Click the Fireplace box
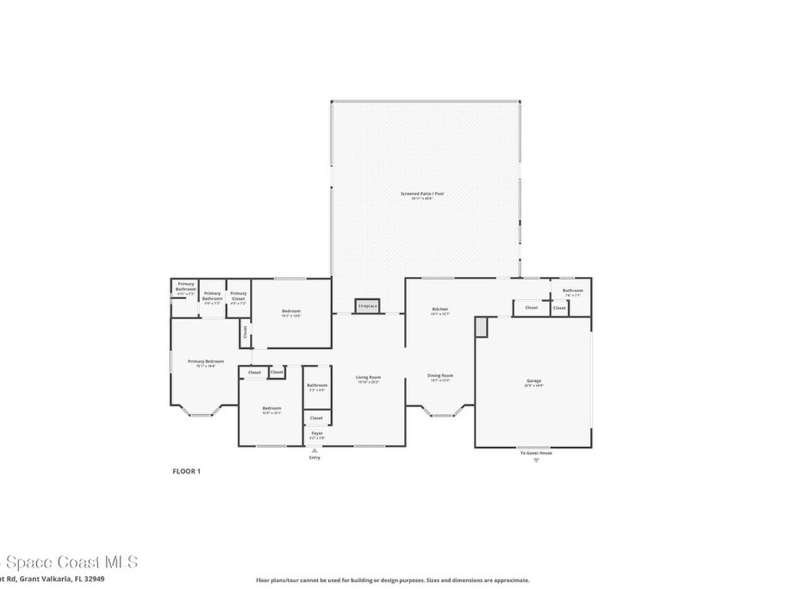click(x=367, y=306)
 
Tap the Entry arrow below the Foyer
click(x=314, y=450)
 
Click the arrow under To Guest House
click(x=535, y=460)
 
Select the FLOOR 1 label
click(x=186, y=472)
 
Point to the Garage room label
click(x=534, y=381)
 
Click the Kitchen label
click(x=439, y=309)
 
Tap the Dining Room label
click(x=440, y=376)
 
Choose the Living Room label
click(x=368, y=377)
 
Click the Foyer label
click(x=317, y=433)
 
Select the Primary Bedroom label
click(x=205, y=361)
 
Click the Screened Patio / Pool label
click(x=422, y=194)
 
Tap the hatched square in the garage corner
click(x=481, y=327)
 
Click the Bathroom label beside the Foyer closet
click(x=317, y=385)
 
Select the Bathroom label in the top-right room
click(x=572, y=291)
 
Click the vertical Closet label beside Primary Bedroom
click(x=245, y=332)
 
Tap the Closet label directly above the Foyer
click(x=317, y=418)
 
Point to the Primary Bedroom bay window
click(x=200, y=413)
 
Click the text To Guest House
click(x=535, y=453)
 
